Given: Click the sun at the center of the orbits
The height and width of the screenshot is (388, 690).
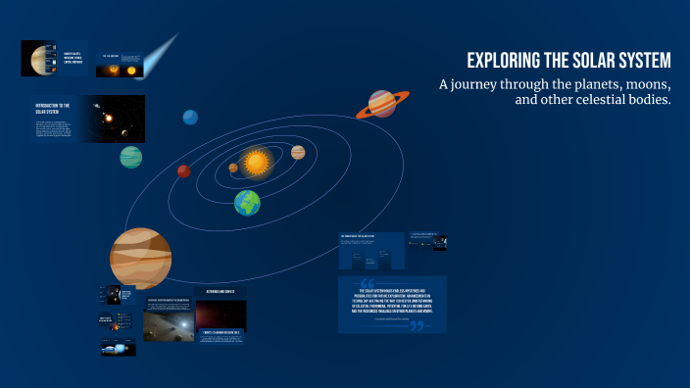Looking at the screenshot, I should coord(257,162).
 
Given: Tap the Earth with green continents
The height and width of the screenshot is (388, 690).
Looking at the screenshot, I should coord(247,203).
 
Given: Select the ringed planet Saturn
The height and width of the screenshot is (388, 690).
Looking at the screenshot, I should coord(382,104).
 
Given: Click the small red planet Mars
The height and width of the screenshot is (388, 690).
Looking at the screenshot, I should coord(183,171).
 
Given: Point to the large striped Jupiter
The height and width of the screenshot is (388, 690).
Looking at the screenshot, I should coord(140,258).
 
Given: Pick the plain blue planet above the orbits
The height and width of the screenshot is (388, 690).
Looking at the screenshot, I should coord(190,118).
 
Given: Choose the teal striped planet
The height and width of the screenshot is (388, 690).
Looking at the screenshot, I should coord(130,157).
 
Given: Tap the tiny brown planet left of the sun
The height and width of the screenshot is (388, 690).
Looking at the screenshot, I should coord(233,168).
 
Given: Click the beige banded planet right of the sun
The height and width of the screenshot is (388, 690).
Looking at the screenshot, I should coord(298,153).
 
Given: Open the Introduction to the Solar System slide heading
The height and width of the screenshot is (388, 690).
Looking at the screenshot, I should coord(51,107).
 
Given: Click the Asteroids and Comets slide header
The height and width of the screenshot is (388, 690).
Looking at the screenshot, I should coord(221,292).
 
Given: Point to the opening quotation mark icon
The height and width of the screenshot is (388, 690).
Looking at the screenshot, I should coord(354,285).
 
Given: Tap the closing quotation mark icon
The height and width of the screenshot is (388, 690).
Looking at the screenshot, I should coord(417,324).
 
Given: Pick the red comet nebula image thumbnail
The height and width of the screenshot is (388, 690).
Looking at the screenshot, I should coord(221,315).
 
